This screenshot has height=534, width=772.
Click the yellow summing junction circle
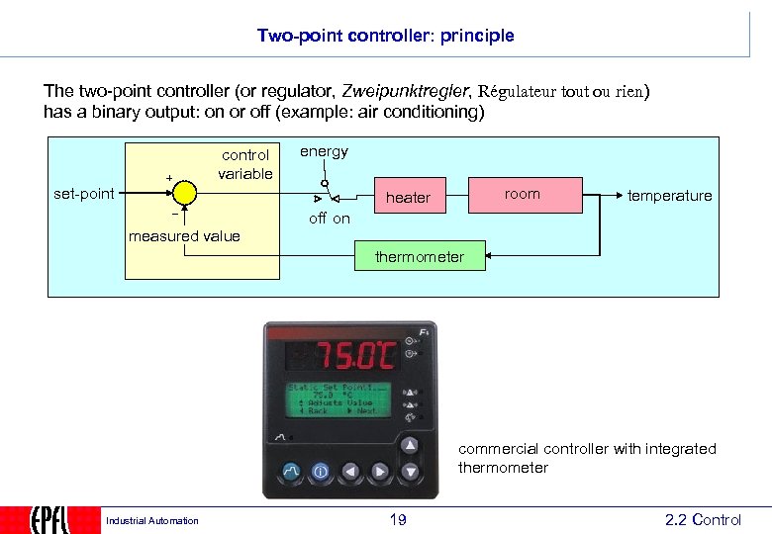[184, 195]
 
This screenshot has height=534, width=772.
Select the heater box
[408, 198]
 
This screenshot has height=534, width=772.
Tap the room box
[523, 194]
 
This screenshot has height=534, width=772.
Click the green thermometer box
[419, 257]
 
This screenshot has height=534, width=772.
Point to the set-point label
[84, 194]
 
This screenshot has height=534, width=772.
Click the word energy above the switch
[324, 151]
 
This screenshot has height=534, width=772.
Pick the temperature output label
[669, 196]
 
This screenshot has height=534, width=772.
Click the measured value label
[184, 235]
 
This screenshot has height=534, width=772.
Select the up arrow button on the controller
[410, 446]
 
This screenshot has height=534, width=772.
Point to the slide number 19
[397, 520]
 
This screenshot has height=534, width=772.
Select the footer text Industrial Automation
[151, 521]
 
